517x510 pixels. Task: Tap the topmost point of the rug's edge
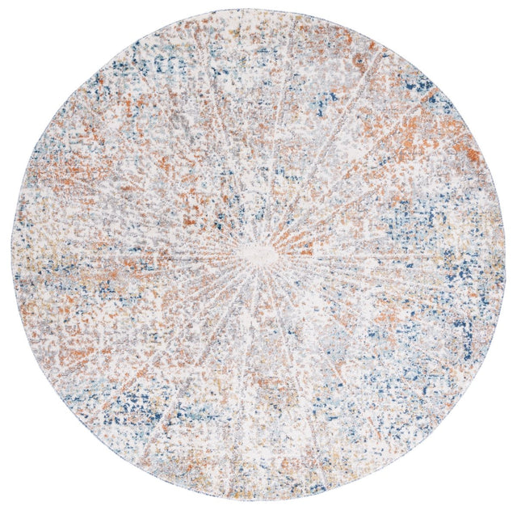tap(258, 9)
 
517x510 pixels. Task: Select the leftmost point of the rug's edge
tap(11, 255)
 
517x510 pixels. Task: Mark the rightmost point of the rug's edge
tap(506, 255)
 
